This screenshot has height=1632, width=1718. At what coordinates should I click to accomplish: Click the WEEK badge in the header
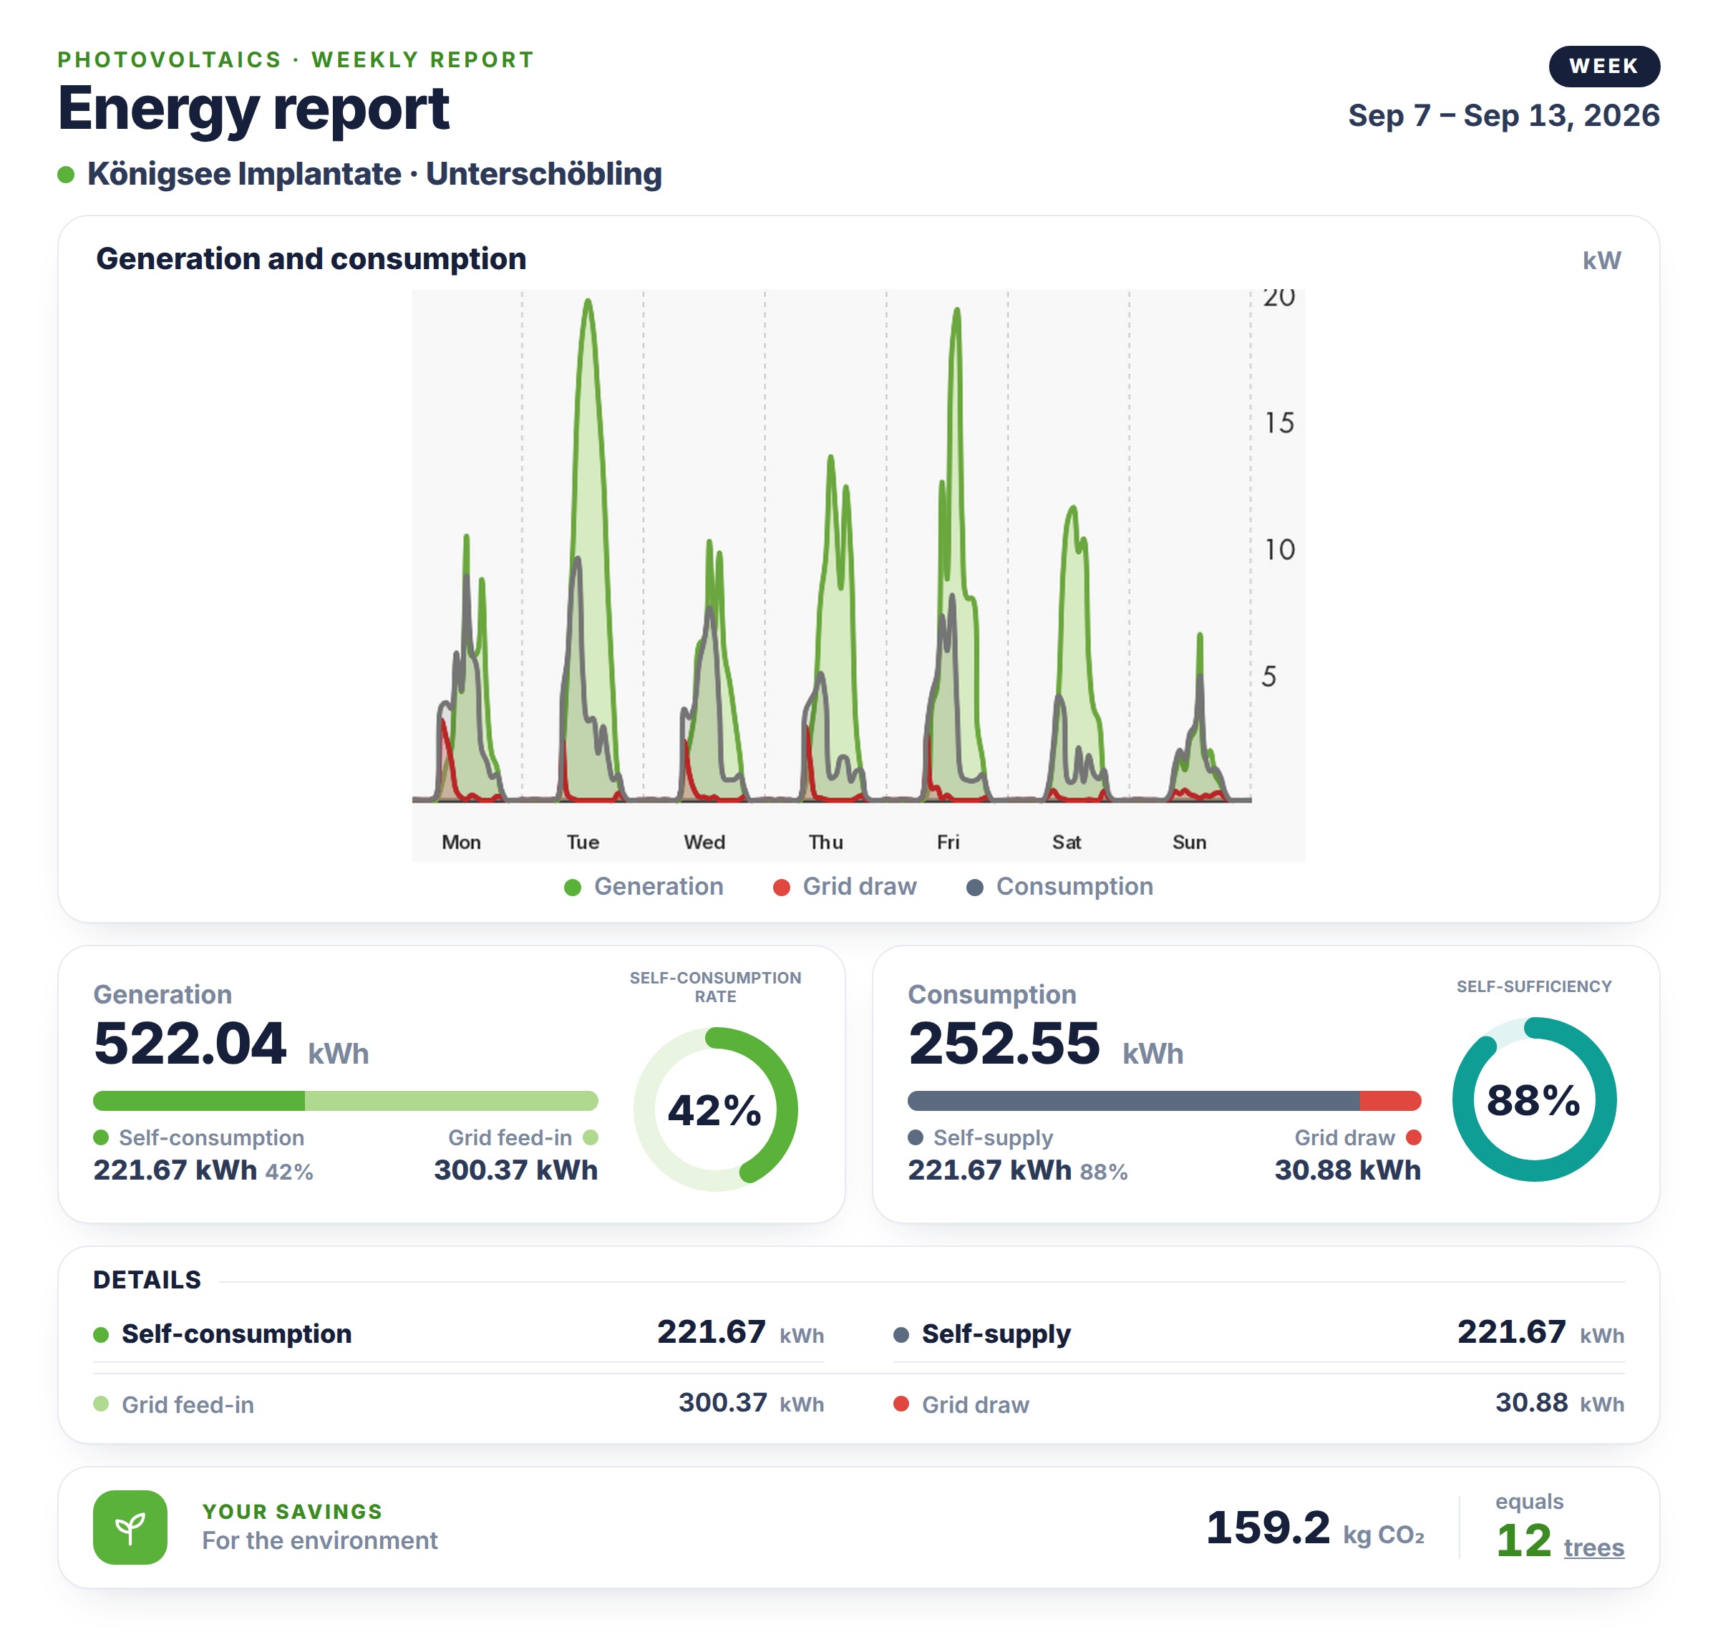pos(1603,66)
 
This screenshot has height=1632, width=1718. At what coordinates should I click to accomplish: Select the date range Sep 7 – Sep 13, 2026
pos(1503,116)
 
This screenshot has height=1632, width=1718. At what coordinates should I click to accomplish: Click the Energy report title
pos(253,109)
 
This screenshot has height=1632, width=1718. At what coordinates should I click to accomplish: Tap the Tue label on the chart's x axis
pos(583,842)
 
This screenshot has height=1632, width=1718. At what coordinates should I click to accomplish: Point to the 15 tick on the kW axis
pos(1278,424)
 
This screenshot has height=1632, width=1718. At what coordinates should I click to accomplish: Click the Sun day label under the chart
pos(1189,842)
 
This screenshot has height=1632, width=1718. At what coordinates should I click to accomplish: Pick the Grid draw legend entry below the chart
pos(845,886)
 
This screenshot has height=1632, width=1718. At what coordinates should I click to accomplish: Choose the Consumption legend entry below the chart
pos(1059,886)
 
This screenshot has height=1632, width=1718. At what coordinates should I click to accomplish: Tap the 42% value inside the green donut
pos(714,1111)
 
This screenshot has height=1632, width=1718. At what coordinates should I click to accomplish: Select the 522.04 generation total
pos(190,1043)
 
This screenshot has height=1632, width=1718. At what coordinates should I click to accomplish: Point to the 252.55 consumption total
pos(1004,1043)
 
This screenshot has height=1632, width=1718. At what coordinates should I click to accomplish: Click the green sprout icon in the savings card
pos(130,1527)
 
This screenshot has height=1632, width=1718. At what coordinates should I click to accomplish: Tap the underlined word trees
pos(1593,1548)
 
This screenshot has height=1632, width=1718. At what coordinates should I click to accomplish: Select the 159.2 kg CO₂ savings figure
pos(1314,1528)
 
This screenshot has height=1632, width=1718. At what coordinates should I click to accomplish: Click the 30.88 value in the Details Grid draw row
pos(1531,1402)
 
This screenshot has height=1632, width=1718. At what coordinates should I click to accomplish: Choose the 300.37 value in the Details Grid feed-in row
pos(723,1402)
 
